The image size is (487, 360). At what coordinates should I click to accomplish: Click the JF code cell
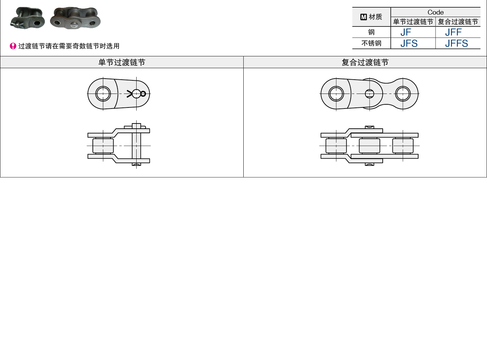point(406,32)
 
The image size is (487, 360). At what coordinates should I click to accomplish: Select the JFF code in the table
point(453,32)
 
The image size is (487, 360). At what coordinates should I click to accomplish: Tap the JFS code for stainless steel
point(409,43)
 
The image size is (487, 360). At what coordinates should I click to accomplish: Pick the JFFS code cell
point(456,43)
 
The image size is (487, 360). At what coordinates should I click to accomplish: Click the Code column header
point(436,12)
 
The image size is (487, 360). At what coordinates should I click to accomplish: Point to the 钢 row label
point(371,32)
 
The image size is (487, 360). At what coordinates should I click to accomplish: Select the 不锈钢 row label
point(371,43)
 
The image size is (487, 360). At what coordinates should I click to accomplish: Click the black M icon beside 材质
point(364,17)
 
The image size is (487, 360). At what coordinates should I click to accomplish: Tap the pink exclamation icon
point(13,46)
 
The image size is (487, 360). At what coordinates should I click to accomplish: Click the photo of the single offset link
point(27,18)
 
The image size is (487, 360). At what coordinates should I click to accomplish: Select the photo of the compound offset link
point(75,18)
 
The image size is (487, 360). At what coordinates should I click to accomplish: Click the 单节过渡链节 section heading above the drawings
point(122,62)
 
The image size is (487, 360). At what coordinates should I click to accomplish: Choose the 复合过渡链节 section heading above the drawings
point(365,62)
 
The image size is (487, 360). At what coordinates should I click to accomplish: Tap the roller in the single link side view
point(103,145)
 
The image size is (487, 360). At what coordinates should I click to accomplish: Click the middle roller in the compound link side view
point(369,145)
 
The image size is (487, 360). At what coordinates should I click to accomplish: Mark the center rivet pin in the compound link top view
point(369,94)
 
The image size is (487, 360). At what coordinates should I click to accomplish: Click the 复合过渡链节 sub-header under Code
point(458,22)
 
